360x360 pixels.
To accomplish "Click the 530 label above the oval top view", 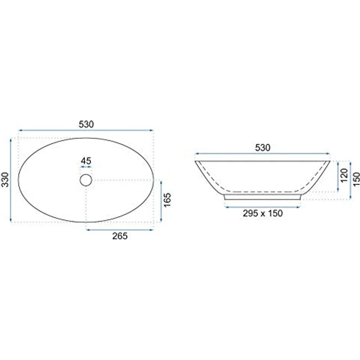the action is click(86, 124).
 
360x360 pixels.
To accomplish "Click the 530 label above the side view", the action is click(263, 147).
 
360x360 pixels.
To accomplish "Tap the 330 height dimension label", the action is click(5, 180).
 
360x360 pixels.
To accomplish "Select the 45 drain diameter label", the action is click(86, 161).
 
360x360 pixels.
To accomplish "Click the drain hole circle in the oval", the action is click(86, 180).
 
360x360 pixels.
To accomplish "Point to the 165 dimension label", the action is click(168, 200).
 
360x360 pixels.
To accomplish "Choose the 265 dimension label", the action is click(120, 236).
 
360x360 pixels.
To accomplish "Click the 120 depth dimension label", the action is click(344, 176).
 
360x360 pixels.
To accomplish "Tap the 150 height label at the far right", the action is click(356, 179).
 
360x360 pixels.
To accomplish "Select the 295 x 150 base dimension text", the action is click(263, 213).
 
